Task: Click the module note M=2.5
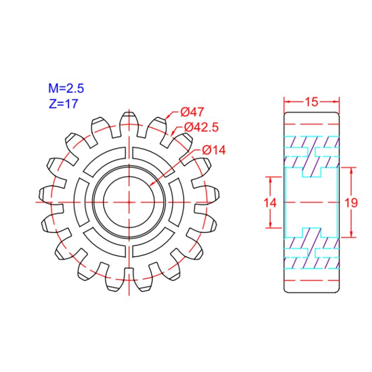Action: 66,88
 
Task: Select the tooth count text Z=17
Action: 63,103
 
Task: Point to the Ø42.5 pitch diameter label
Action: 201,127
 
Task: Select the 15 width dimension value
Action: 311,102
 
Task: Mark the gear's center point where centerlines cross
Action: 129,201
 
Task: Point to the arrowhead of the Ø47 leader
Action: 168,117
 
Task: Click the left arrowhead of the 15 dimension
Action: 286,102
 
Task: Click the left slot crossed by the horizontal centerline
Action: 82,201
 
